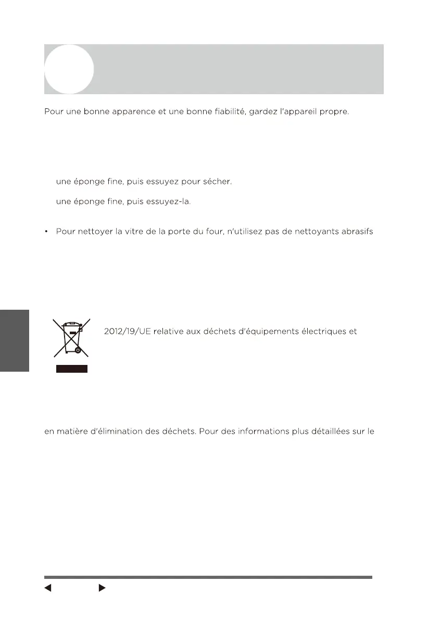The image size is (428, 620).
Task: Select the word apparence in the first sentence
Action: pos(128,112)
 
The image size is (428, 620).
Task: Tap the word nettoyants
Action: pos(307,231)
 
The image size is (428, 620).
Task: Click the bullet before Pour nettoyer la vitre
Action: pos(46,231)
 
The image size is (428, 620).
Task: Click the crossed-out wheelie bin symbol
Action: pos(71,338)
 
